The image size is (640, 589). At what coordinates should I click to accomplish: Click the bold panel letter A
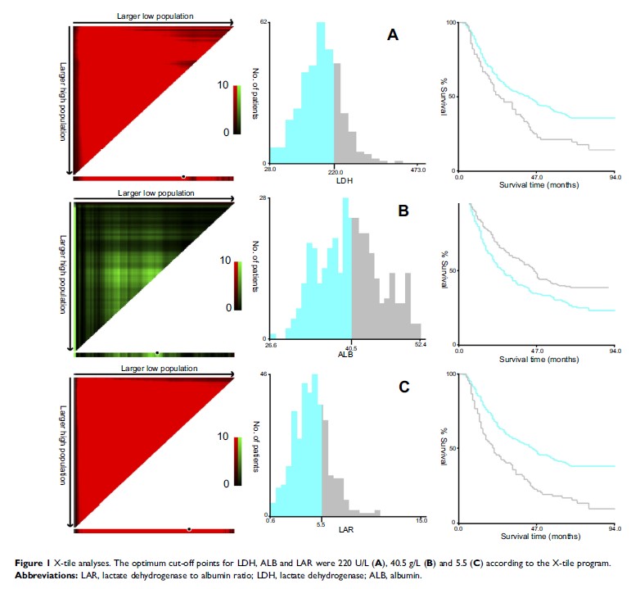click(x=393, y=35)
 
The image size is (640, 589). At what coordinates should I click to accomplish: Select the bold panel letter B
click(x=403, y=211)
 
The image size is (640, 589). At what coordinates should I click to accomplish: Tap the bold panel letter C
click(x=403, y=387)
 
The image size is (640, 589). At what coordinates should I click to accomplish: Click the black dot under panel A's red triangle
click(x=183, y=176)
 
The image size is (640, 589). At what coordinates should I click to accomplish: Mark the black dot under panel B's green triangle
click(x=156, y=353)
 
